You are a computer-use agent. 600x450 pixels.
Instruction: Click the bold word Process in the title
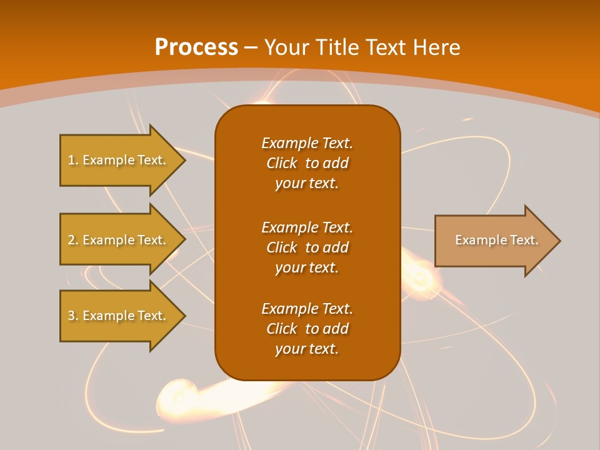[x=196, y=47]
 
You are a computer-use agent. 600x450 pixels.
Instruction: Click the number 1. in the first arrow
[x=73, y=160]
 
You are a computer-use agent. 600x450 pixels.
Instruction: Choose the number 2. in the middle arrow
[x=73, y=240]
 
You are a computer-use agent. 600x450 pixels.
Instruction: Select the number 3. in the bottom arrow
[x=73, y=316]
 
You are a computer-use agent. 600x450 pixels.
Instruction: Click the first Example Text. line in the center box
[x=307, y=143]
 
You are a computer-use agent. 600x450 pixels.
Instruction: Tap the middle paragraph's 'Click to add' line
[x=307, y=247]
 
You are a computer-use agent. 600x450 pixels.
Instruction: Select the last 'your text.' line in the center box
[x=307, y=349]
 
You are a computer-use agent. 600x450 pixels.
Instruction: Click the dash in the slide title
[x=251, y=47]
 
